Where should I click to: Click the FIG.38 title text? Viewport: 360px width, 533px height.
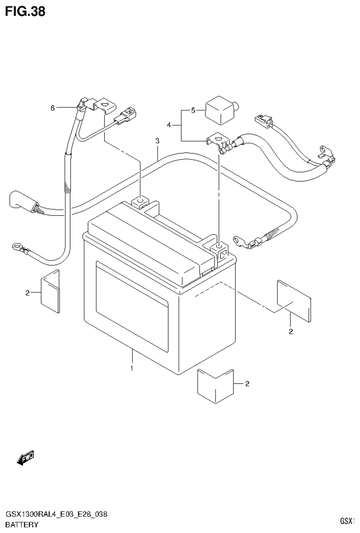pyautogui.click(x=25, y=11)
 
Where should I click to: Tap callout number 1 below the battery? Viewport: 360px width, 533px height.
pyautogui.click(x=132, y=368)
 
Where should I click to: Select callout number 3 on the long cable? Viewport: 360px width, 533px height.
pyautogui.click(x=157, y=141)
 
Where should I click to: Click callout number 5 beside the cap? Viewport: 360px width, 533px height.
pyautogui.click(x=192, y=111)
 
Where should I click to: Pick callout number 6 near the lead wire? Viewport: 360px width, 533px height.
pyautogui.click(x=53, y=108)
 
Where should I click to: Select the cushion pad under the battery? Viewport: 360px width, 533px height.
pyautogui.click(x=216, y=383)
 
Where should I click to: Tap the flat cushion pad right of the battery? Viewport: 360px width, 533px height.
pyautogui.click(x=294, y=300)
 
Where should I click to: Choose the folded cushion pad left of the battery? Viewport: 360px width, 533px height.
pyautogui.click(x=50, y=292)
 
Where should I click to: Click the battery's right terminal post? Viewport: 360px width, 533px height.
pyautogui.click(x=219, y=247)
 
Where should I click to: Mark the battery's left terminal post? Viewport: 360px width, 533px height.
pyautogui.click(x=139, y=203)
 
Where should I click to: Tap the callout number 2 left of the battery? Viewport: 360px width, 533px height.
pyautogui.click(x=28, y=293)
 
